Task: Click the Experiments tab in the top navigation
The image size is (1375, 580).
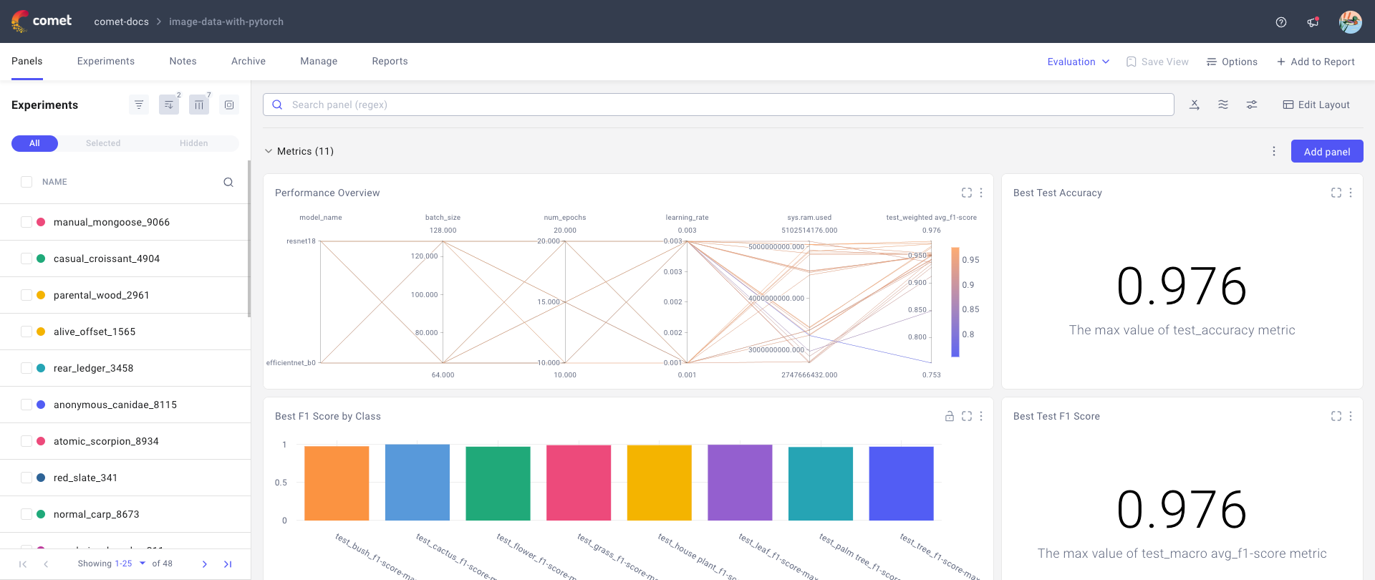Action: coord(105,62)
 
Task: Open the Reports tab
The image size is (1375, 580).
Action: coord(390,62)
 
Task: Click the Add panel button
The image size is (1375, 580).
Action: coord(1326,152)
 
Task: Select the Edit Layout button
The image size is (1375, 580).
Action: coord(1316,105)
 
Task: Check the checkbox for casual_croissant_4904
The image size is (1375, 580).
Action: coord(26,258)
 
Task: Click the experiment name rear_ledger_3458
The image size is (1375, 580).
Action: coord(93,368)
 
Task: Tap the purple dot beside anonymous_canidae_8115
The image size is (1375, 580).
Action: coord(41,405)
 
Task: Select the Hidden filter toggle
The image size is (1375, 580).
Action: coord(193,143)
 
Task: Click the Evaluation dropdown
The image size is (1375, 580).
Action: coord(1078,62)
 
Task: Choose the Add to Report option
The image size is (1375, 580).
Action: coord(1316,62)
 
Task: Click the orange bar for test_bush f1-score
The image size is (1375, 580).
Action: coord(337,483)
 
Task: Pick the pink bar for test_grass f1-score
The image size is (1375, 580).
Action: coord(579,483)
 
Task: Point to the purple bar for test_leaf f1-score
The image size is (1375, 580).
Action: coord(740,483)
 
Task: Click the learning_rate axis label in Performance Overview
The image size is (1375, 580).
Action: coord(687,218)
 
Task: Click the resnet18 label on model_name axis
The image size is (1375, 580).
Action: coord(301,241)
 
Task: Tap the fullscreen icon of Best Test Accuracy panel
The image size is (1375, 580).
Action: coord(1336,193)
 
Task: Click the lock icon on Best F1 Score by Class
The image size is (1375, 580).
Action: coord(949,416)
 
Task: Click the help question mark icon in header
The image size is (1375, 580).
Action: coord(1281,22)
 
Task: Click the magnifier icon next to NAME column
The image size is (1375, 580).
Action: coord(228,182)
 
